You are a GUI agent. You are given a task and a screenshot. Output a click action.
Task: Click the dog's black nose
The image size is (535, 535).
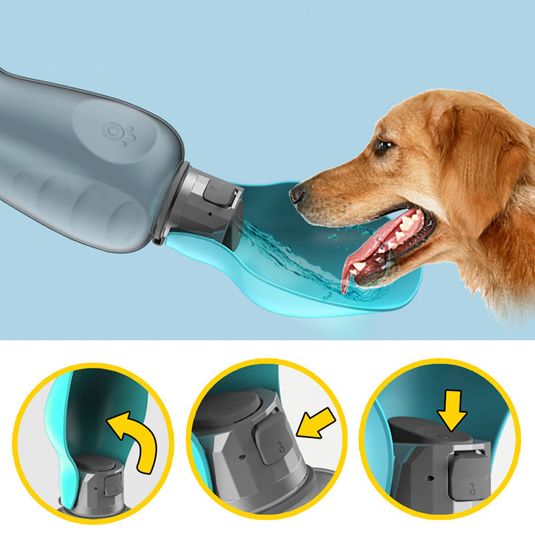(298, 194)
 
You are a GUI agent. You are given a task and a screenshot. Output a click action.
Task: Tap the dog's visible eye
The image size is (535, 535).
(383, 146)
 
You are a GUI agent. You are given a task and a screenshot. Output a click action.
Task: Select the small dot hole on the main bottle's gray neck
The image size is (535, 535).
(209, 217)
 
